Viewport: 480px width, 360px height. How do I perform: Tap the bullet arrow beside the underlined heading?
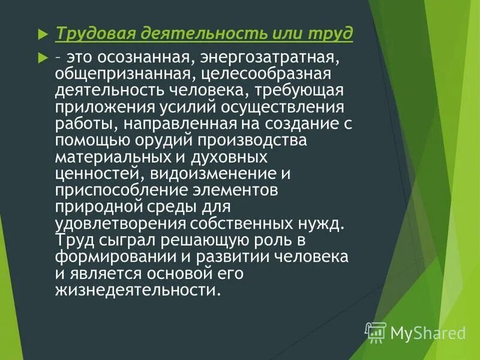(x=42, y=34)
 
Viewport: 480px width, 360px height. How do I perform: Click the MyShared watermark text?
(x=428, y=332)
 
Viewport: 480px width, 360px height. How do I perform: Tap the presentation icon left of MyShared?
(x=376, y=331)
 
